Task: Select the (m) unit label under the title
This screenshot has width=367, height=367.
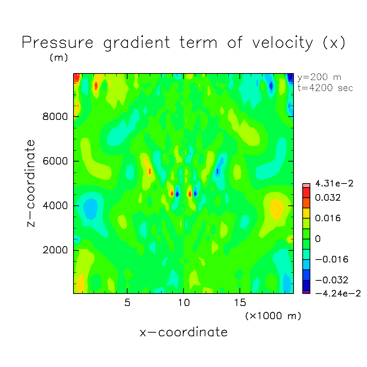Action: tap(58, 58)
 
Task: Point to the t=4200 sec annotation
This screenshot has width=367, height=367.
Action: tap(325, 88)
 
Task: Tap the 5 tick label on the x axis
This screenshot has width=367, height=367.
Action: tap(127, 303)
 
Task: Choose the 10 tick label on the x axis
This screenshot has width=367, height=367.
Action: tap(183, 303)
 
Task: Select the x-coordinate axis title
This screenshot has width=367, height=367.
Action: tap(183, 332)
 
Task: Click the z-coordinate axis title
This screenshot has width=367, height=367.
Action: tap(31, 183)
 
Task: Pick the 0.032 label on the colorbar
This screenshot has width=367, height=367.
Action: tap(329, 198)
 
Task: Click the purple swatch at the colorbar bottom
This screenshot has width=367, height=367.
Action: tap(306, 292)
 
